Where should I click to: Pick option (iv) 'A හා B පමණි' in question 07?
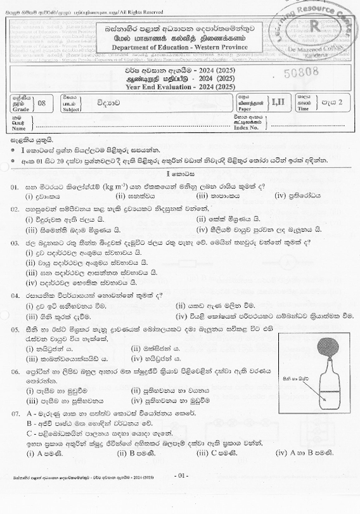301,454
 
